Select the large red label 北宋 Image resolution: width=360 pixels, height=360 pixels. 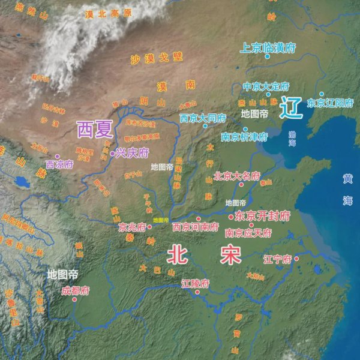point(204,255)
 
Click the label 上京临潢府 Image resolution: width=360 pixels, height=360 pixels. point(268,47)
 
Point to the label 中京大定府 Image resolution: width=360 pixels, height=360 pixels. point(266,86)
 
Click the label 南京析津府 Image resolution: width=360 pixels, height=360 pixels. point(244,137)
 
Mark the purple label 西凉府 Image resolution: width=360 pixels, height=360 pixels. point(59,164)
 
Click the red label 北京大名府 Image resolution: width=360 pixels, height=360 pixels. point(236,176)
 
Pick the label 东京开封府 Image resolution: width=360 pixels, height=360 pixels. point(263,215)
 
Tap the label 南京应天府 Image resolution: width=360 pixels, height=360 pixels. point(248,232)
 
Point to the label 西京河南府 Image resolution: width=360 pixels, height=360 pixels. point(196,227)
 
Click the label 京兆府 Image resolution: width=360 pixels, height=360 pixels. point(132,227)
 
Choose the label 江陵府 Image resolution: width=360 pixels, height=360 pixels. point(196,283)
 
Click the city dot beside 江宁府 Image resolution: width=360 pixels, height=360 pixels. point(296,259)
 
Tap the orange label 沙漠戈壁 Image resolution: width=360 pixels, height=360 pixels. point(156,58)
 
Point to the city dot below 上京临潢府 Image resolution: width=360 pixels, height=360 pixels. point(268,56)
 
